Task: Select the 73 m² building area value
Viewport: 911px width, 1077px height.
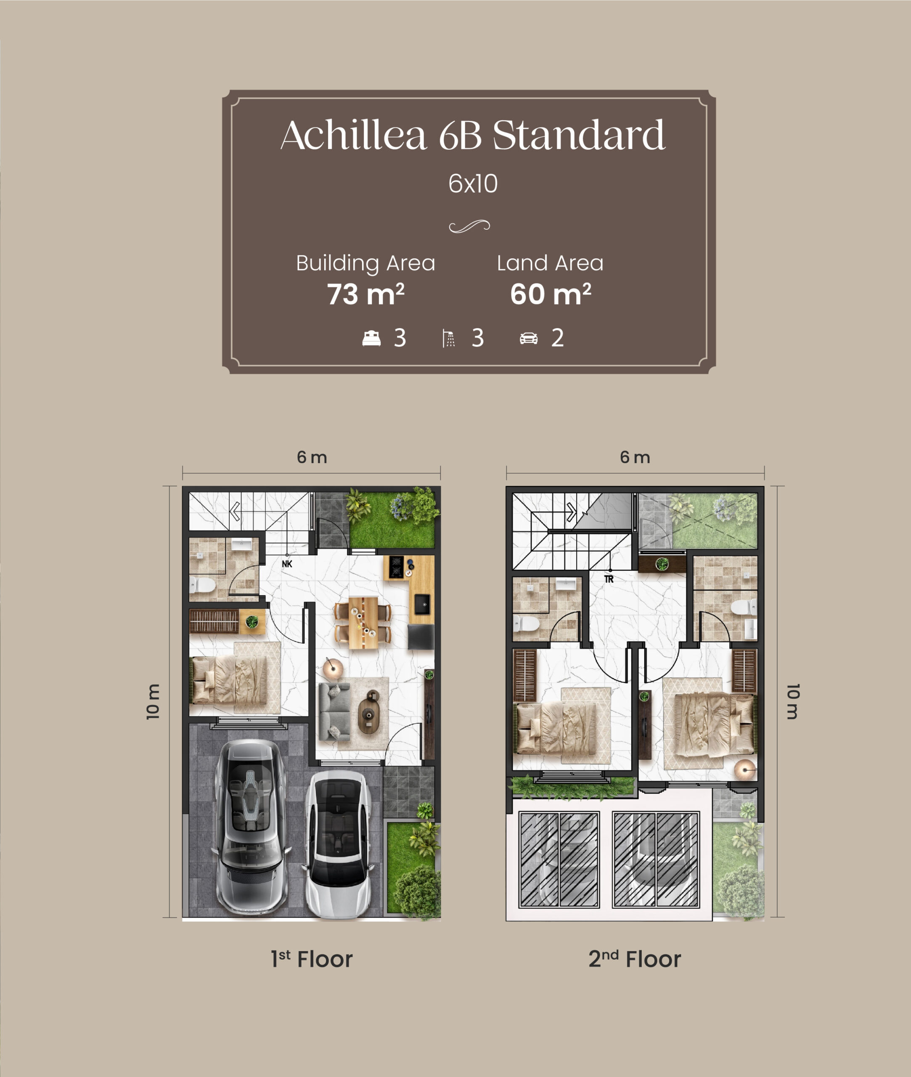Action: coord(365,294)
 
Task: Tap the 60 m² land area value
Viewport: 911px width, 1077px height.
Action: coord(551,294)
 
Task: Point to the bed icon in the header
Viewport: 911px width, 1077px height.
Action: coord(371,338)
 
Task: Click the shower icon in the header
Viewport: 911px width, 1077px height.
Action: coord(449,338)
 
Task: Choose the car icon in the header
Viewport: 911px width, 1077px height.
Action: coord(528,338)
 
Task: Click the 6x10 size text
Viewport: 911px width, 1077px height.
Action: coord(473,183)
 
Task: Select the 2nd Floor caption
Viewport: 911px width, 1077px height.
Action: coord(635,959)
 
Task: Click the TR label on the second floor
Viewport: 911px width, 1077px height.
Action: coord(609,579)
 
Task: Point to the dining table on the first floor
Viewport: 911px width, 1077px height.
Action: coord(363,623)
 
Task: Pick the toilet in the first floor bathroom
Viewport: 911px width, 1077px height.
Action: coord(202,586)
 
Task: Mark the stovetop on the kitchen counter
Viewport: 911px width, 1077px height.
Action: coord(396,567)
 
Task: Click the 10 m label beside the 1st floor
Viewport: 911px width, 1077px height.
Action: coord(154,701)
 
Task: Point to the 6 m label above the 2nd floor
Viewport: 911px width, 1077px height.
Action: coord(635,457)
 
